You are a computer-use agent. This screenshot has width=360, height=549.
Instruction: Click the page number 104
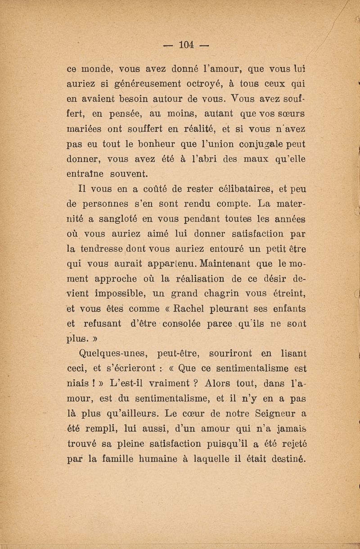(185, 45)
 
